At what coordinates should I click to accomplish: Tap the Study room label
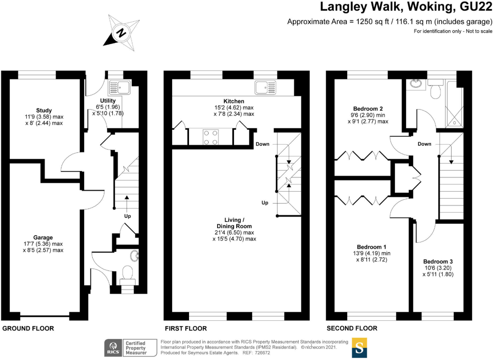pos(44,110)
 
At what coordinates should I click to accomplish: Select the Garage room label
pos(43,237)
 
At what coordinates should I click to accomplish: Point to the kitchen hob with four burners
pos(210,137)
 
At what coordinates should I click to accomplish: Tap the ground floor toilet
pos(128,274)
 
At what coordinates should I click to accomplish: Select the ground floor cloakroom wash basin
pos(134,256)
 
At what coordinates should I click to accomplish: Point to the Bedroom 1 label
pos(371,247)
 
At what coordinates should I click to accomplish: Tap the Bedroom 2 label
pos(368,109)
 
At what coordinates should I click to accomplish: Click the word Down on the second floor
pos(424,144)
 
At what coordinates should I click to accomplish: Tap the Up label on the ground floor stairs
pos(127,216)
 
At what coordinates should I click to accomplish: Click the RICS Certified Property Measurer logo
pos(130,348)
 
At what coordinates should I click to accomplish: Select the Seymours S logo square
pos(360,348)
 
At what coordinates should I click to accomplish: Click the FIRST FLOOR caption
pos(186,328)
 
